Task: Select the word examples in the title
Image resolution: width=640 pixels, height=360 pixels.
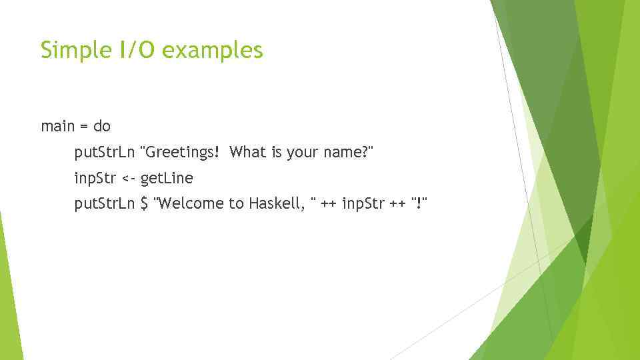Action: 212,51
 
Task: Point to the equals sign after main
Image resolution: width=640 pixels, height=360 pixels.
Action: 85,126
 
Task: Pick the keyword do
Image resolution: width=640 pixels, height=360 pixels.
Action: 102,126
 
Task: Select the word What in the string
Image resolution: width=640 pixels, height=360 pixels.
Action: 248,153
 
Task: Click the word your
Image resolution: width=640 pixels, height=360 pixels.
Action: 302,153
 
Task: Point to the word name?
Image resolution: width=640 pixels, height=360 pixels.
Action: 347,153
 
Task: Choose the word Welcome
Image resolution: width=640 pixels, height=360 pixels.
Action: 189,204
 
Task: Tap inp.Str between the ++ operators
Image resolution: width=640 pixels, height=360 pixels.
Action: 363,204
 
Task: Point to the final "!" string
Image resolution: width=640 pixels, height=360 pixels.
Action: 418,204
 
